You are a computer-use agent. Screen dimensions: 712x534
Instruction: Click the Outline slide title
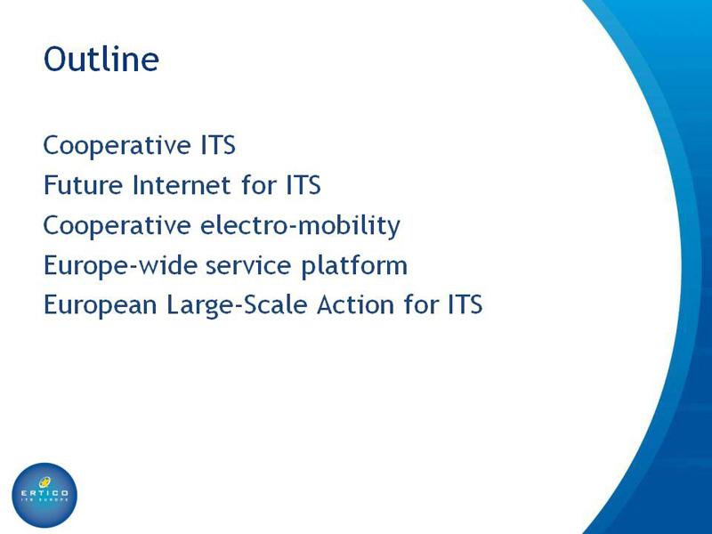[101, 59]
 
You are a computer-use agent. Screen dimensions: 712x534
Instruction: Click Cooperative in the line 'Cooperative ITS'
[117, 146]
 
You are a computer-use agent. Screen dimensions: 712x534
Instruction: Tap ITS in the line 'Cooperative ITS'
[218, 145]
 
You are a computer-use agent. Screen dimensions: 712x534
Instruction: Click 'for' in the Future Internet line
[259, 184]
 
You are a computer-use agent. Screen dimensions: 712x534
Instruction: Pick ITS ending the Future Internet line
[303, 185]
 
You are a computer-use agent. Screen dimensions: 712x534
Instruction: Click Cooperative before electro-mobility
[117, 226]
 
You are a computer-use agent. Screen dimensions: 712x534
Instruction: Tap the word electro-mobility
[300, 225]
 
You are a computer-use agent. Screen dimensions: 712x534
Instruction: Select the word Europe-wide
[120, 265]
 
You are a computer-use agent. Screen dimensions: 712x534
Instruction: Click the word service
[248, 265]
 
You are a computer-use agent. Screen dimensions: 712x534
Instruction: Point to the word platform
[354, 265]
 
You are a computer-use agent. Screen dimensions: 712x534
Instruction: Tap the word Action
[355, 304]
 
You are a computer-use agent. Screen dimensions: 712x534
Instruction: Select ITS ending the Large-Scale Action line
[465, 304]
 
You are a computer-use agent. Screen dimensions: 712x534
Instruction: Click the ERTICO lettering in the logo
[44, 493]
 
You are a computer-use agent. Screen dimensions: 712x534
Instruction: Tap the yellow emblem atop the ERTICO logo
[45, 481]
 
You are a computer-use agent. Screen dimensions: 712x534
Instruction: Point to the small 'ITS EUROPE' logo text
[44, 499]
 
